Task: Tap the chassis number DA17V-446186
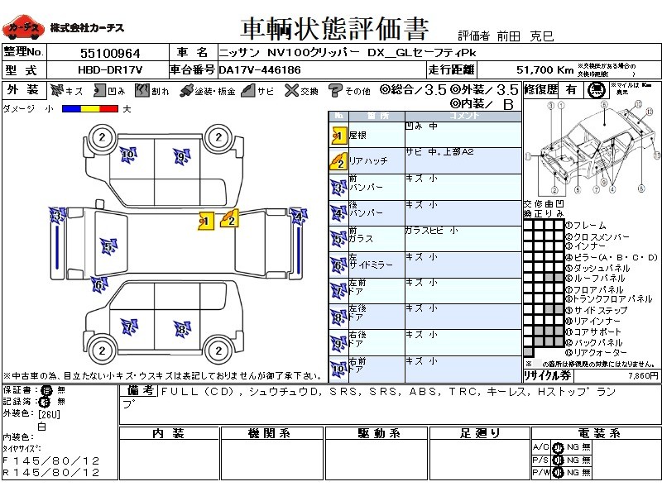tap(260, 70)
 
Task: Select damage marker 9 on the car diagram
tap(180, 155)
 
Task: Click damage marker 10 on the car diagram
tap(127, 153)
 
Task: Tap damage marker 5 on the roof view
tap(108, 246)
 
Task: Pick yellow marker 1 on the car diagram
tap(206, 220)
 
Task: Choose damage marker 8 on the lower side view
tap(181, 329)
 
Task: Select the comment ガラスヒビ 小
tap(430, 231)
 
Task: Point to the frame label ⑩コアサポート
tap(597, 331)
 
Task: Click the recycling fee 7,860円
tap(642, 375)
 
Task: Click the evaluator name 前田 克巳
tap(529, 36)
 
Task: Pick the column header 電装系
tap(593, 433)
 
